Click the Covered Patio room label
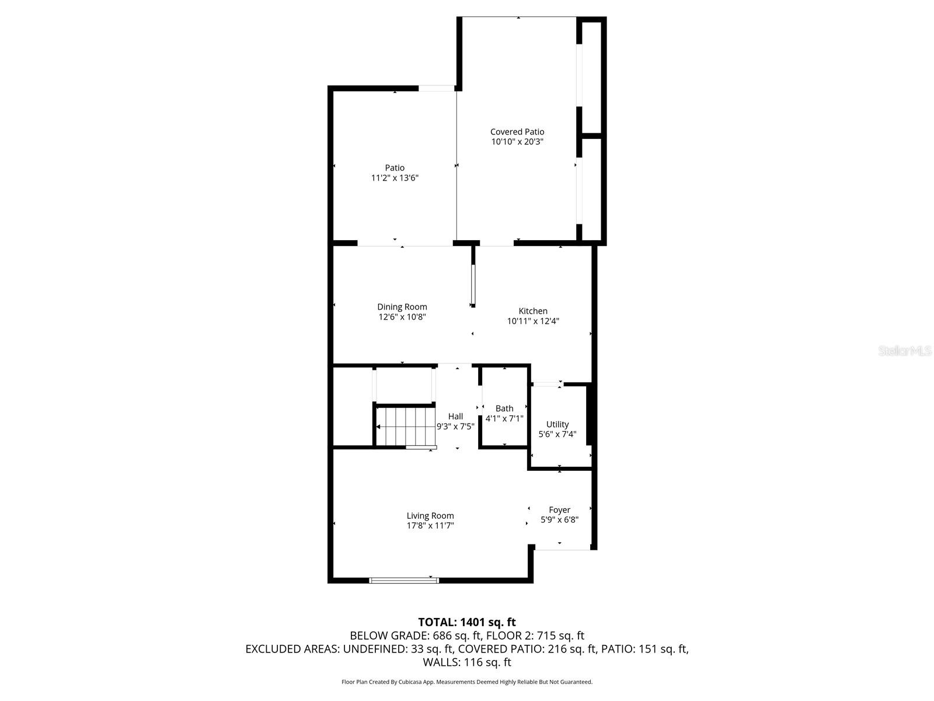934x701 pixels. pos(517,132)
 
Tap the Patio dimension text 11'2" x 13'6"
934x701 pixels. pos(395,178)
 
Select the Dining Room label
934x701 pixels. pos(402,307)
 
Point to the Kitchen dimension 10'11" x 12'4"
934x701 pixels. pos(533,321)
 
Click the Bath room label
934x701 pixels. pos(504,408)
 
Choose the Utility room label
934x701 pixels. pos(557,424)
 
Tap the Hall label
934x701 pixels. pos(455,417)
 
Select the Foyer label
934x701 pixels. pos(559,510)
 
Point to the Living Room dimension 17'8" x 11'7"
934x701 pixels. pos(430,526)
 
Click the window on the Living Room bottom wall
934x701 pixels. pos(404,580)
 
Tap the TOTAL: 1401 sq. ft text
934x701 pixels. pos(467,622)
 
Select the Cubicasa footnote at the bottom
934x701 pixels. pos(467,682)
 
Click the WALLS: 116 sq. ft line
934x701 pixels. pos(467,662)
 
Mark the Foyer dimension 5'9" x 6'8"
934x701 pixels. pos(559,520)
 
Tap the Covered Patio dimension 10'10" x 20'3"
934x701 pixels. pos(517,142)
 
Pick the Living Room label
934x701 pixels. pos(430,516)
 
